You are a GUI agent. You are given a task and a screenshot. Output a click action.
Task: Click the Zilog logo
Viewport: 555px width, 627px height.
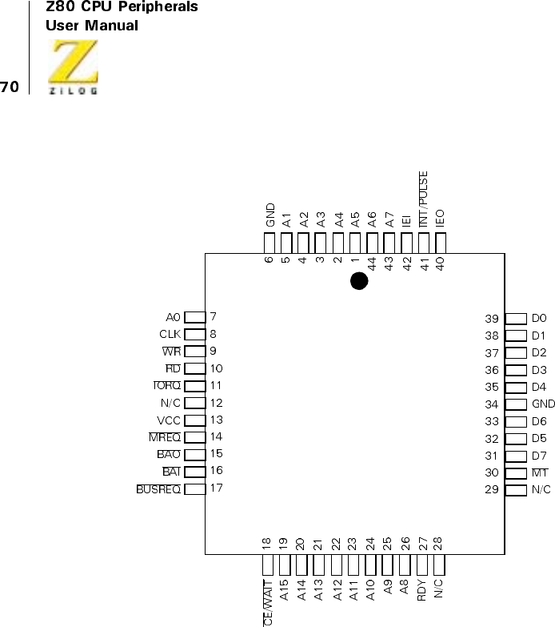point(74,69)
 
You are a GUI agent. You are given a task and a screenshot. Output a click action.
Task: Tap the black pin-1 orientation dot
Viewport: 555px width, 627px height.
point(359,281)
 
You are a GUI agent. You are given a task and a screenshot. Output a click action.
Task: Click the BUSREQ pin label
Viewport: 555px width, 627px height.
point(159,488)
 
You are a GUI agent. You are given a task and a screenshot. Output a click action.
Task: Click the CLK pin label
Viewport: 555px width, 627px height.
point(170,335)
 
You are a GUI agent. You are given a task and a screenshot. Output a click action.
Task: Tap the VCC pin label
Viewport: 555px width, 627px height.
point(170,420)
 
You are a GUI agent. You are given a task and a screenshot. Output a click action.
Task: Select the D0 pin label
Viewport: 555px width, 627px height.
point(539,319)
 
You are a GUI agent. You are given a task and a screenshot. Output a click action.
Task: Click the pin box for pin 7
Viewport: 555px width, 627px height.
point(194,317)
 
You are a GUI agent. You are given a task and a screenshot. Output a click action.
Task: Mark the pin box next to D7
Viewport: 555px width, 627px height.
point(516,456)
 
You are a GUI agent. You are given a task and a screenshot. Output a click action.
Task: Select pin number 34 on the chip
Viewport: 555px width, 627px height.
point(493,404)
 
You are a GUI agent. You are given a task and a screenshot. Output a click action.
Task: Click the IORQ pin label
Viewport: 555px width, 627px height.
point(167,386)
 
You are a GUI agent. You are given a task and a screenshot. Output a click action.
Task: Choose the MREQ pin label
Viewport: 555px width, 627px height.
point(165,437)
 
